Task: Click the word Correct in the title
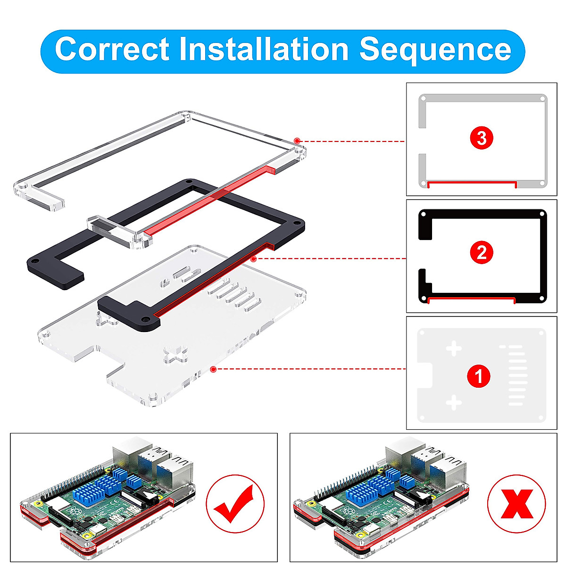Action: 112,49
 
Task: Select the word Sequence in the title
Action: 435,49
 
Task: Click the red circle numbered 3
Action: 482,138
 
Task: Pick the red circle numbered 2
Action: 482,253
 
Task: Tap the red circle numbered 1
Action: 479,376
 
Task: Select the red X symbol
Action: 516,504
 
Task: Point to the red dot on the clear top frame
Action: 297,141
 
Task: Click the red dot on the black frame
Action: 254,258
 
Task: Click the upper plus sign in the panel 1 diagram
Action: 454,350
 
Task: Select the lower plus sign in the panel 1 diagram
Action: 454,403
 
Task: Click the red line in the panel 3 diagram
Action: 472,181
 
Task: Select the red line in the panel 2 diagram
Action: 472,298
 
